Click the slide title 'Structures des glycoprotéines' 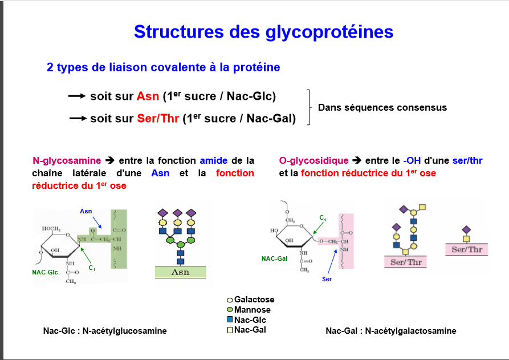click(x=263, y=32)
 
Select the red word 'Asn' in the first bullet click(x=148, y=96)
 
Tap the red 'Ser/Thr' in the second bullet click(x=158, y=118)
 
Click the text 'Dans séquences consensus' click(x=382, y=108)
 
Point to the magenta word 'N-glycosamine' click(x=67, y=160)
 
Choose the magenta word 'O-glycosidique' click(x=313, y=160)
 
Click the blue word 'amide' click(x=214, y=160)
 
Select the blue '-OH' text click(x=412, y=160)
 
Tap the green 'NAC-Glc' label click(x=45, y=272)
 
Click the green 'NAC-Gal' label click(x=275, y=258)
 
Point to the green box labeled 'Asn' click(x=181, y=272)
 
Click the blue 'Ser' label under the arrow click(x=327, y=279)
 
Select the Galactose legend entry click(x=250, y=300)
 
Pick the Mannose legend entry click(x=249, y=310)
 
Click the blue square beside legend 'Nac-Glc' click(x=230, y=319)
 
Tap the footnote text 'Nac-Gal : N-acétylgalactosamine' click(x=391, y=331)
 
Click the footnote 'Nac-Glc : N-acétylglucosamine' click(x=105, y=331)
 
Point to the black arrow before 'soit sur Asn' click(x=77, y=96)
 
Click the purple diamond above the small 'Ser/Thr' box click(x=466, y=230)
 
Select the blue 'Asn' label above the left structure click(x=86, y=211)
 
